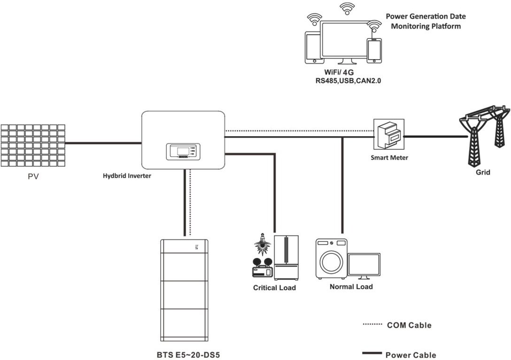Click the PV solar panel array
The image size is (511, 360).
pos(32,145)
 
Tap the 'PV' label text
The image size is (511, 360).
pos(32,178)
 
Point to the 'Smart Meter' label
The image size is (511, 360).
pos(389,158)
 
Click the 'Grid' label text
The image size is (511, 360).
pos(482,172)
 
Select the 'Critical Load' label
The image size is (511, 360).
pos(274,287)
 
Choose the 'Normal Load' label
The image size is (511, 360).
pos(351,286)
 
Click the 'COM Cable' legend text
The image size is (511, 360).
pos(409,325)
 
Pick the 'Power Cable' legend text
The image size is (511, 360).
pos(410,355)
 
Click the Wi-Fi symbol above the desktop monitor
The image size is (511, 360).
pos(347,8)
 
